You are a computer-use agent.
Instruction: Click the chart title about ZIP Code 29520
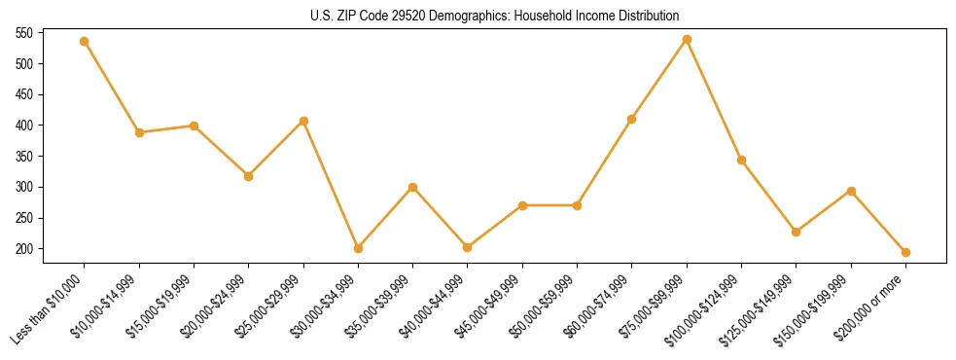(x=494, y=17)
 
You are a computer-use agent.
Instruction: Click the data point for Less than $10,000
(x=85, y=41)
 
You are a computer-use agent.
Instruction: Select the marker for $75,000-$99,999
(x=687, y=39)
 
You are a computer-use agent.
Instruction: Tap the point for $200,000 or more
(x=905, y=252)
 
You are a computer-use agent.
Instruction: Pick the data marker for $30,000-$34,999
(x=358, y=248)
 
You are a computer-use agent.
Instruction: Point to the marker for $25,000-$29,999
(x=303, y=121)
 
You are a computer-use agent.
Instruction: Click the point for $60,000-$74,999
(x=632, y=119)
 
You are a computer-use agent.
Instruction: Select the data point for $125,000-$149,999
(x=797, y=232)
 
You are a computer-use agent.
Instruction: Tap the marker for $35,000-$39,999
(x=412, y=187)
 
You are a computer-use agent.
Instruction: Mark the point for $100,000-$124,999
(x=741, y=160)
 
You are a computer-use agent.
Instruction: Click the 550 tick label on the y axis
(x=24, y=33)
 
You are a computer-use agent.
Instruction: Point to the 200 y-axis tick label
(x=24, y=249)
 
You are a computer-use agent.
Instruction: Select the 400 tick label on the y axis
(x=24, y=126)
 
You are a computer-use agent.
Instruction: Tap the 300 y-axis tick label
(x=24, y=187)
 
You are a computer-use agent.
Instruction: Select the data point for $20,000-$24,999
(x=248, y=176)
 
